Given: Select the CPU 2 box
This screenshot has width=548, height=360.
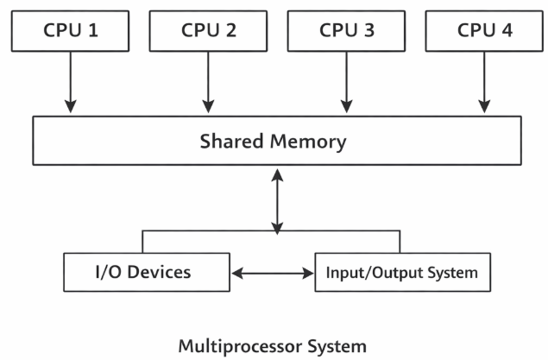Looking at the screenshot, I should [208, 30].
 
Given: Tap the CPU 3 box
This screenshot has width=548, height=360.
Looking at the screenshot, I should [346, 30].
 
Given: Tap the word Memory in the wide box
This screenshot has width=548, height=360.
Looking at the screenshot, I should [306, 141].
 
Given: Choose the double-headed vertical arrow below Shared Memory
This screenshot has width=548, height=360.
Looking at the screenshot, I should [277, 200].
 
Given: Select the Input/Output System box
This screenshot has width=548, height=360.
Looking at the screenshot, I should [401, 273].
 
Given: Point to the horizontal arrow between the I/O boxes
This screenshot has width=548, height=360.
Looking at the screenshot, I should [273, 274].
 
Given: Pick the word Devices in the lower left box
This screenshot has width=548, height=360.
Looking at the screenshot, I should [161, 273].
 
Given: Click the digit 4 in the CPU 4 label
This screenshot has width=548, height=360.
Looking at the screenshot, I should [507, 30].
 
